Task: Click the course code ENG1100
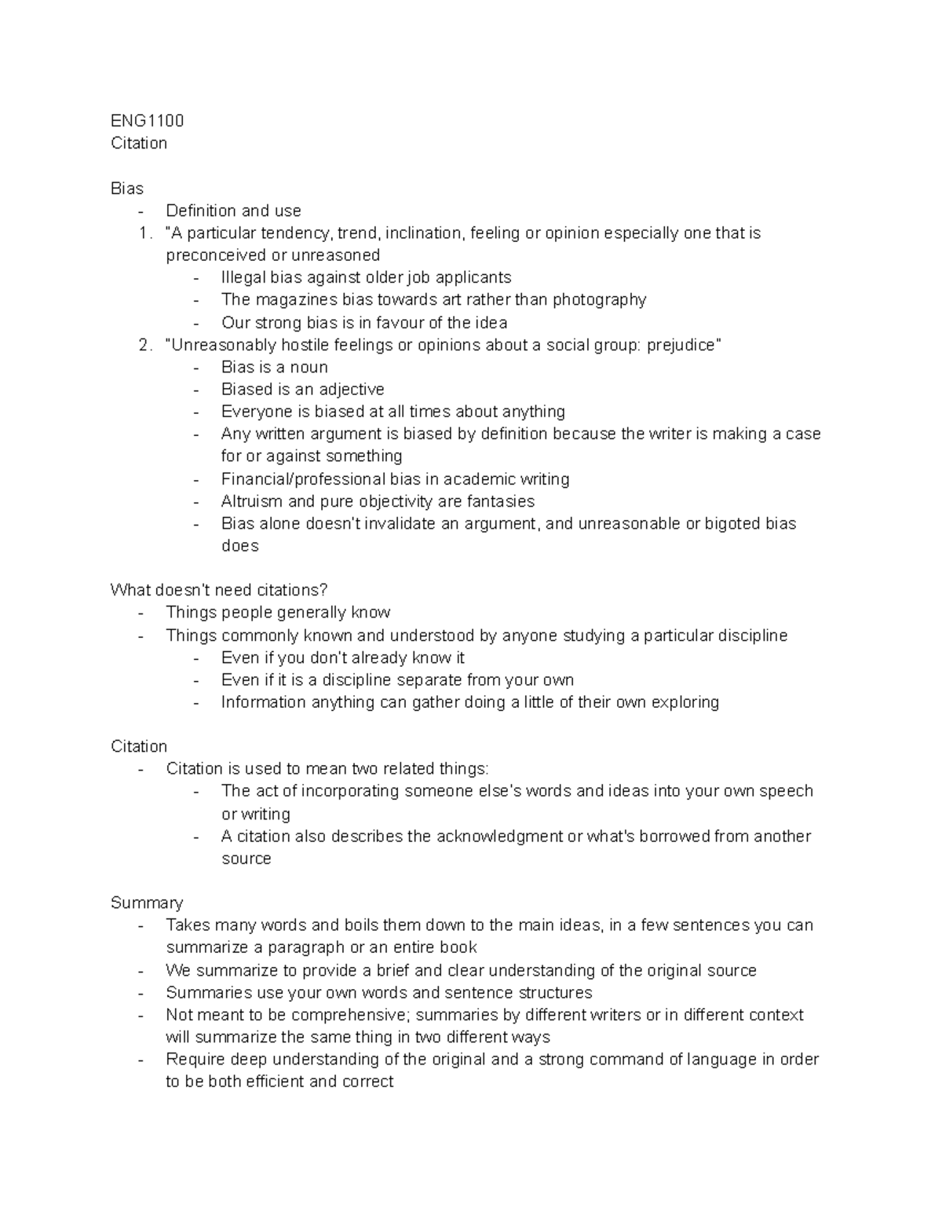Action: click(x=147, y=120)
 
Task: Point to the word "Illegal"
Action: click(x=243, y=277)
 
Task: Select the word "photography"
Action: click(x=599, y=299)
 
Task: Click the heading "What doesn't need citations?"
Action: click(x=219, y=590)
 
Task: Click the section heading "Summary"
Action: click(x=147, y=903)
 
